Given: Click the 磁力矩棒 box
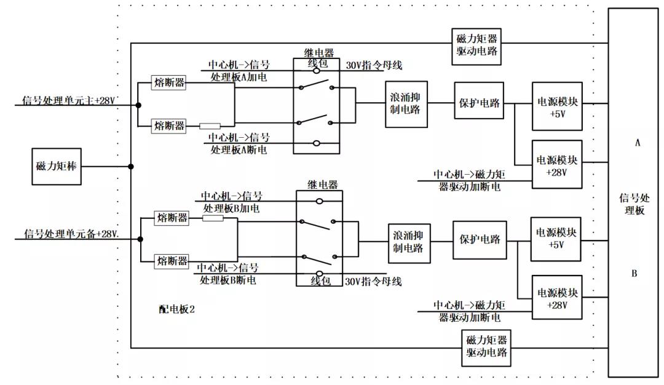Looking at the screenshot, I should click(x=57, y=166).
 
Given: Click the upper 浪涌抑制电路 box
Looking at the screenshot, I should click(x=406, y=105).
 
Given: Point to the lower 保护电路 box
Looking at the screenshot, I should click(x=480, y=239).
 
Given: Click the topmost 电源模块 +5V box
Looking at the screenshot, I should click(x=558, y=106).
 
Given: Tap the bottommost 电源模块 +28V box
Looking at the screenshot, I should click(x=558, y=298).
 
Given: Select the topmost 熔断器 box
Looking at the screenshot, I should click(x=169, y=83).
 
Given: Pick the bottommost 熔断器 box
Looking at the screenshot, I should click(x=172, y=260).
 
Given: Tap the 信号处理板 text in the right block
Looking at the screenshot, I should click(x=634, y=203).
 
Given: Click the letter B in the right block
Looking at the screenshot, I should click(x=634, y=274).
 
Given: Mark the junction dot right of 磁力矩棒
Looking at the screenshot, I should click(x=131, y=166).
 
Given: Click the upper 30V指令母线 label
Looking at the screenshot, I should click(x=374, y=65).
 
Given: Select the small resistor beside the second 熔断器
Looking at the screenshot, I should click(x=210, y=126).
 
